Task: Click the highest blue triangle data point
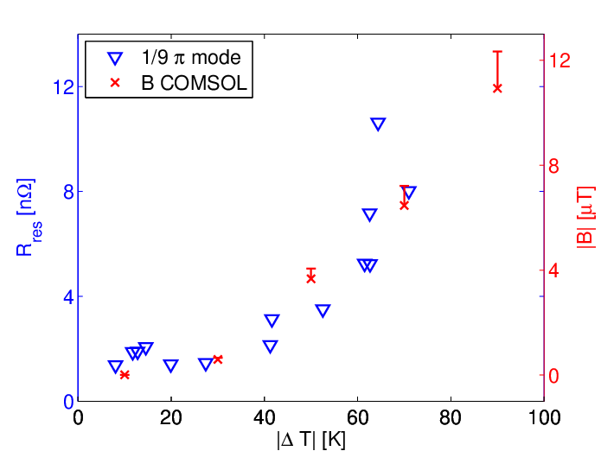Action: [x=378, y=124]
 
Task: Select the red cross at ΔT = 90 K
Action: [x=497, y=88]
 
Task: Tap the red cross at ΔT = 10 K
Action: [x=125, y=375]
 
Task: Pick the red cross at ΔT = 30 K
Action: [x=218, y=359]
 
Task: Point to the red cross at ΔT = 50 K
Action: [x=310, y=279]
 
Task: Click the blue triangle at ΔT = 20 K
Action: [x=171, y=365]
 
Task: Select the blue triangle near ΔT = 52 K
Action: [x=323, y=310]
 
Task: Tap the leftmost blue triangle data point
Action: [x=115, y=366]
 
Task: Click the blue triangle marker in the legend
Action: [x=115, y=59]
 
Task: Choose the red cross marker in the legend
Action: [x=115, y=82]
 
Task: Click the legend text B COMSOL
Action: [x=194, y=83]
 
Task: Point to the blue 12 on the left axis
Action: [x=63, y=87]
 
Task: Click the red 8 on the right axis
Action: [x=553, y=166]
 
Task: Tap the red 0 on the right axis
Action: [x=553, y=376]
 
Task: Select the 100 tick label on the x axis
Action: [x=544, y=417]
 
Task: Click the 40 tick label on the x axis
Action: [x=264, y=417]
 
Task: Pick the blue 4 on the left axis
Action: [x=69, y=296]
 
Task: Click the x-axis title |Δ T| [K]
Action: [x=310, y=440]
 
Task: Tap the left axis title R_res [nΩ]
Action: [x=28, y=217]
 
